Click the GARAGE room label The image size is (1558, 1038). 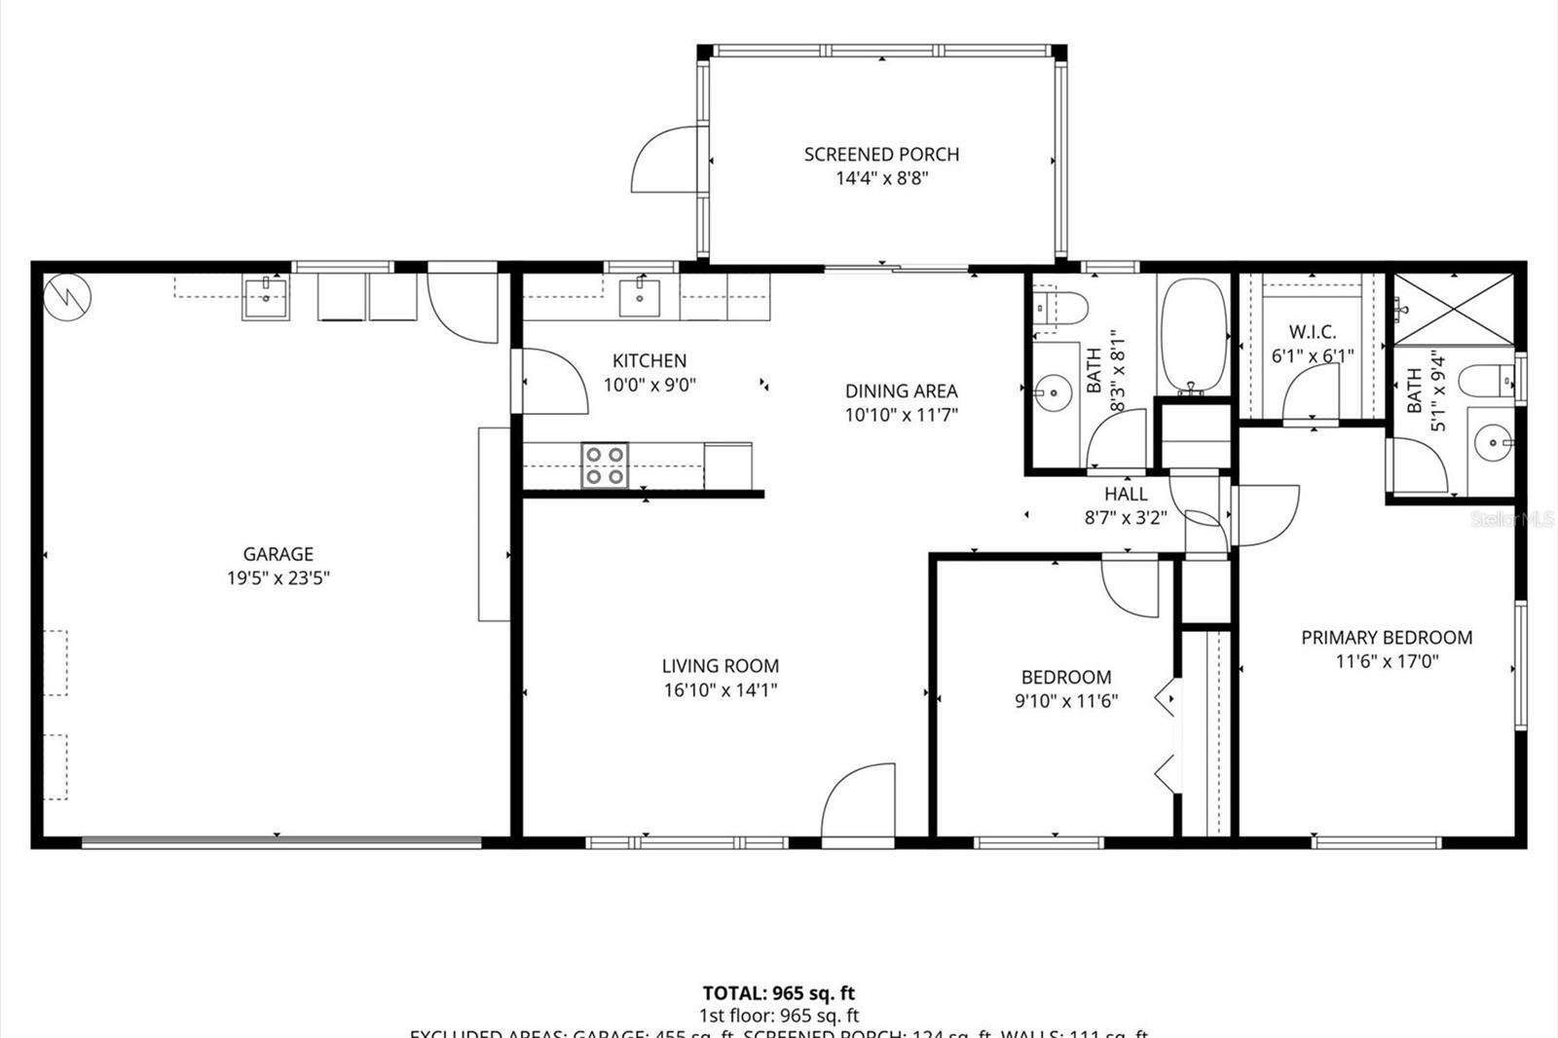[x=278, y=554]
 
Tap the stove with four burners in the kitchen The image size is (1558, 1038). [x=605, y=464]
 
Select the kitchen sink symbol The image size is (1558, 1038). [x=640, y=297]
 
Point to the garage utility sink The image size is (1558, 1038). [x=265, y=297]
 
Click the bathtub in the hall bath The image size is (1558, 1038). [x=1192, y=337]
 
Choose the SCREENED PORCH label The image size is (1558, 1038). [x=881, y=154]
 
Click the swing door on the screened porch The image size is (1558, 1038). [x=664, y=160]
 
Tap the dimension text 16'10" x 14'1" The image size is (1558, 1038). [x=720, y=690]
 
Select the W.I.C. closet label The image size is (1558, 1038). [x=1312, y=332]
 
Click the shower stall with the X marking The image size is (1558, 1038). [x=1453, y=309]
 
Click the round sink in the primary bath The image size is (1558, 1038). [x=1492, y=444]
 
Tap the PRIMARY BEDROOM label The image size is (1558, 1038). [x=1387, y=638]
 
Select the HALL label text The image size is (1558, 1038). [x=1126, y=494]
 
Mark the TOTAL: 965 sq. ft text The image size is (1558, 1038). [x=779, y=993]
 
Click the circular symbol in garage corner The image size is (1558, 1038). [x=68, y=293]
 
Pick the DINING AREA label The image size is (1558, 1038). [x=901, y=390]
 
